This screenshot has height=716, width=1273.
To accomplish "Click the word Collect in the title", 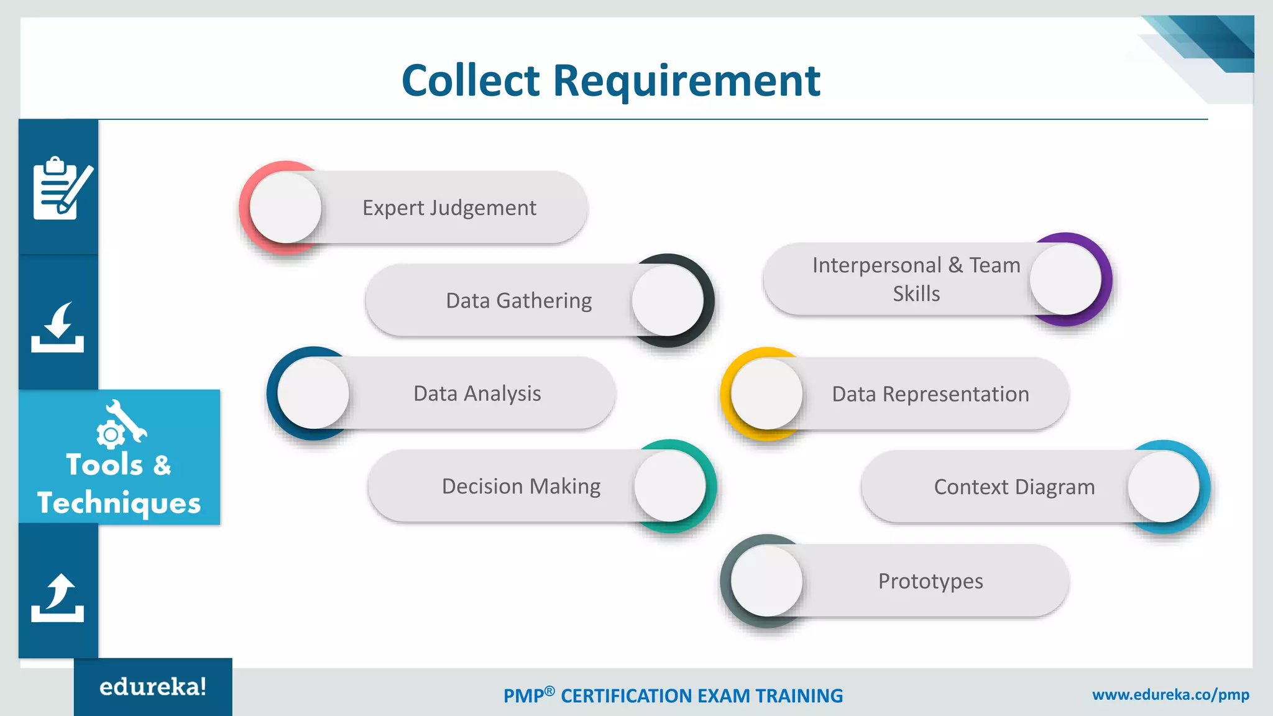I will coord(471,81).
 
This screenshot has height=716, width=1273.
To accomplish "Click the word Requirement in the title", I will coord(686,81).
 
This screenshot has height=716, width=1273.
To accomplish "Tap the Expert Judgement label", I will coord(449,208).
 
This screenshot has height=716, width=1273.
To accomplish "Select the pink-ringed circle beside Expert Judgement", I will coord(285,208).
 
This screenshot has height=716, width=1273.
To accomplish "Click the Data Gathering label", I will coord(518,301).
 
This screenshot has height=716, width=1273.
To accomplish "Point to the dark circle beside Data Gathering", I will coord(668,301).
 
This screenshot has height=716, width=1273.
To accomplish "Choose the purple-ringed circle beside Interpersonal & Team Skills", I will coord(1065,279).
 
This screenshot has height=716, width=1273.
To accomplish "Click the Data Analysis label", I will coord(477,393).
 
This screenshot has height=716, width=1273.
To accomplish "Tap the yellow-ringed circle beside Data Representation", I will coord(766,394).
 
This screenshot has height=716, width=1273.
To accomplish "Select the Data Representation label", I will coord(931,394).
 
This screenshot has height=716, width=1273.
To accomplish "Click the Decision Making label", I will coord(521,486).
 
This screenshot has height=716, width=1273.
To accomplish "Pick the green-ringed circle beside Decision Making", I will coord(670,486).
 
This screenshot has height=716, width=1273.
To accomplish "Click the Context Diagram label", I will coord(1014,487).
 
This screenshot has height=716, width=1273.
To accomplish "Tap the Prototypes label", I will coord(931,581).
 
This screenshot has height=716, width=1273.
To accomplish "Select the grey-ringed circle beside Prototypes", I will coord(766,581).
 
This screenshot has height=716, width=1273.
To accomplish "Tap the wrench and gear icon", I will coord(121,423).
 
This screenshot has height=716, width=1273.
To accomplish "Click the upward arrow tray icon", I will coord(58,598).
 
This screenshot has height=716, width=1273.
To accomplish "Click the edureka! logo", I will coord(153,687).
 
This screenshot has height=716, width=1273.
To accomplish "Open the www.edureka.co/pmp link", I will coord(1170,695).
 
